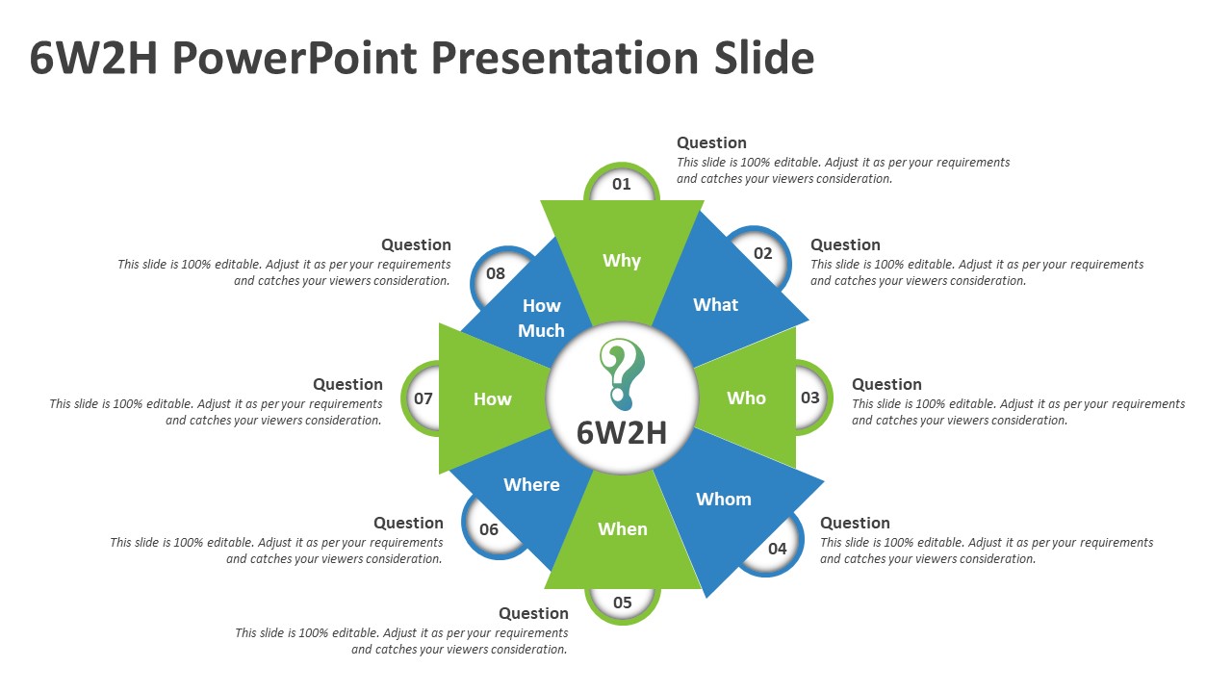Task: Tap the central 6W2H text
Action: tap(622, 433)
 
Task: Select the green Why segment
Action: tap(622, 260)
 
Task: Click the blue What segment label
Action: tap(715, 304)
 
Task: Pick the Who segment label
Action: tap(746, 398)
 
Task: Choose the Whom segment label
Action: tap(723, 499)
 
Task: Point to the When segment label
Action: tap(623, 528)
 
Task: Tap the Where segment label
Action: tap(531, 484)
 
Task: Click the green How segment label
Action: tap(492, 398)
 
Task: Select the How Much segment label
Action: tap(541, 318)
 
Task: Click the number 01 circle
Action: tap(622, 184)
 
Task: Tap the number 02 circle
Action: tap(762, 253)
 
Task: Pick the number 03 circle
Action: tap(810, 398)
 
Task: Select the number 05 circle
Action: tap(623, 603)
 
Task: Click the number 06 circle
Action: tap(489, 529)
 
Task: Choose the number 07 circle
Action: tap(423, 398)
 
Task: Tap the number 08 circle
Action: tap(496, 273)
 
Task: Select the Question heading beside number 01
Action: tap(711, 142)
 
